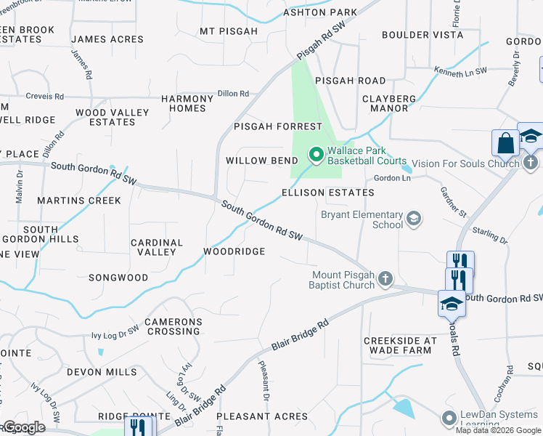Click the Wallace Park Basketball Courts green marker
[316, 155]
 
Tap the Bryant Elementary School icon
[414, 219]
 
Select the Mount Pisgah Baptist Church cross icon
[385, 278]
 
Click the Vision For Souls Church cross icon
[531, 163]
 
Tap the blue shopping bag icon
[504, 143]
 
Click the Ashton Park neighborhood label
[320, 12]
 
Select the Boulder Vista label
[422, 35]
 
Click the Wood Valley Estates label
[112, 117]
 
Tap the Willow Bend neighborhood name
[261, 161]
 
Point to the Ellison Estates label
[328, 193]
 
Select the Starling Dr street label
[494, 236]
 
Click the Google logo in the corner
[24, 427]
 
